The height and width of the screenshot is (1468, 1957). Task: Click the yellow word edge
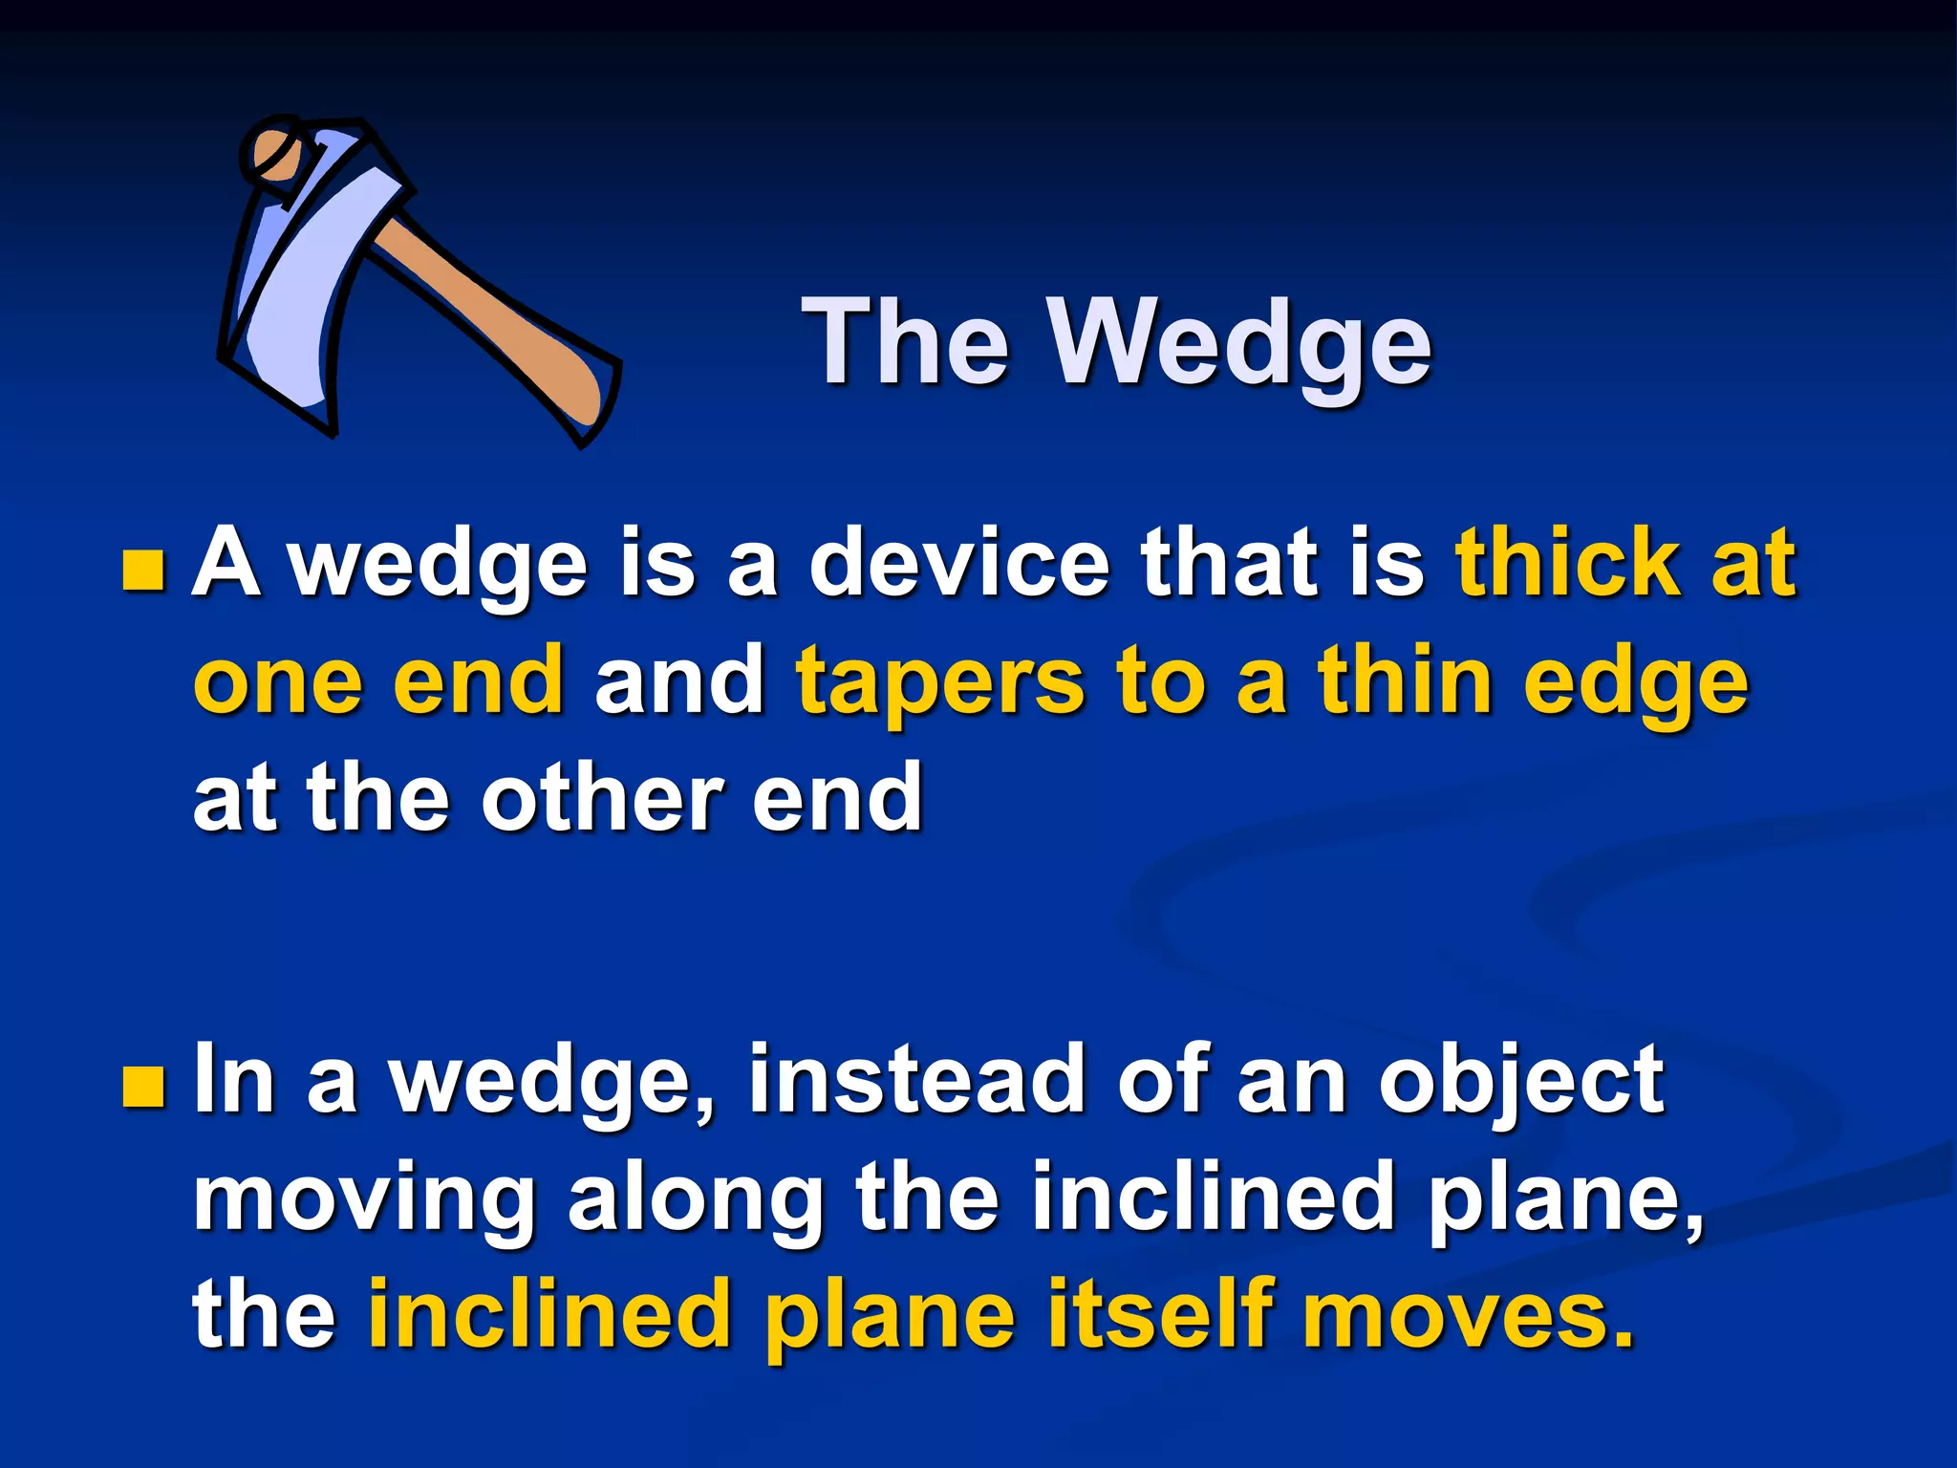point(1635,684)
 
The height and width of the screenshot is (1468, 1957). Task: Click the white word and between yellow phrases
point(678,682)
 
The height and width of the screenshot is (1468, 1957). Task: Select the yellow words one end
point(378,682)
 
